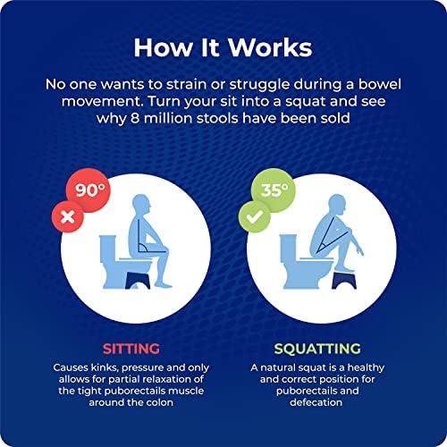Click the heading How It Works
(x=223, y=46)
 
